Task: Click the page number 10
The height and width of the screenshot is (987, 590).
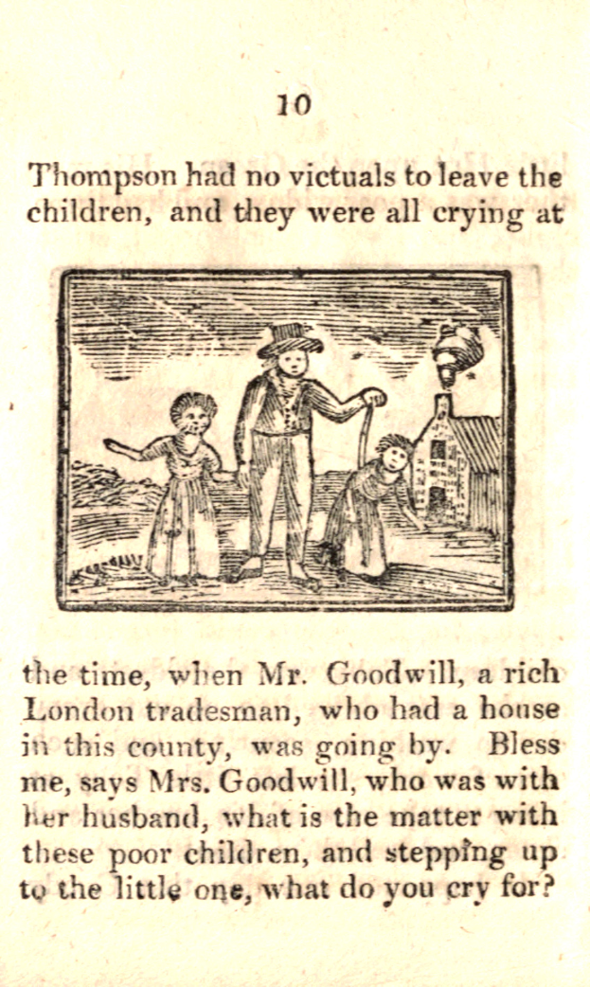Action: point(294,104)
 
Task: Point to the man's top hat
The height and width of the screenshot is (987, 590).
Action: point(290,339)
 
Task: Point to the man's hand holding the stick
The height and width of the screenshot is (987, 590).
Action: point(374,399)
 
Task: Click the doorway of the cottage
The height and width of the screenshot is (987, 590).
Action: point(438,502)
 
